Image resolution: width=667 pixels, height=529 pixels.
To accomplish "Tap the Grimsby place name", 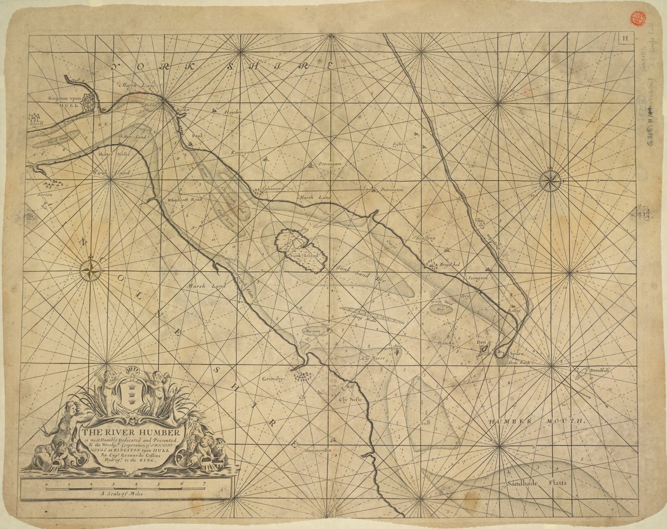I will (x=273, y=379).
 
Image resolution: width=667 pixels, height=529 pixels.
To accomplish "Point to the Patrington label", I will (x=391, y=189).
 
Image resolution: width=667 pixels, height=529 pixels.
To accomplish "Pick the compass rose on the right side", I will (x=551, y=182).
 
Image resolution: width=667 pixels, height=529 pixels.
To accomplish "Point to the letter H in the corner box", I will (x=625, y=38).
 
